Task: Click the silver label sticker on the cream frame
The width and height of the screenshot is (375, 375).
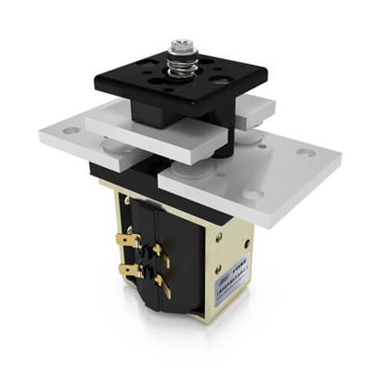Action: [234, 275]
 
